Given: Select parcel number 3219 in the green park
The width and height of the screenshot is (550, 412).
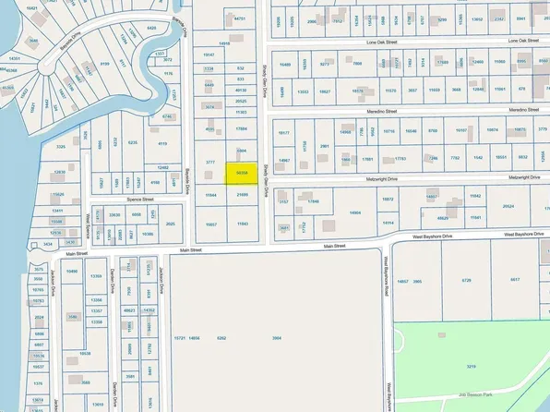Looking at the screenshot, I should [471, 367].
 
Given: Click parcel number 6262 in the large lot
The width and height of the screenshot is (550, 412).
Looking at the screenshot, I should [221, 338].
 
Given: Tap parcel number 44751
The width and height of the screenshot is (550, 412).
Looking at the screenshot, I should [241, 18].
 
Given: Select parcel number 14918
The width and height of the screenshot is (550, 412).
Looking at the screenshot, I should [223, 43].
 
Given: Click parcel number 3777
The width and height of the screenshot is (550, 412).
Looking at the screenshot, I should [210, 163].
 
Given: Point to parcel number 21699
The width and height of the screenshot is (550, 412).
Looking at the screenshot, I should [242, 196].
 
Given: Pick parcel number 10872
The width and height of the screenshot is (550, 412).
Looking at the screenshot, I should [389, 199].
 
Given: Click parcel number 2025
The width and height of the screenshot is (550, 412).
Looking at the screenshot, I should [170, 224].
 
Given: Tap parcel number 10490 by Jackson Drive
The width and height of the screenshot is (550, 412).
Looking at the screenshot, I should [73, 272].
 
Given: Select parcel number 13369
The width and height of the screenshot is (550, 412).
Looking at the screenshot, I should [97, 276].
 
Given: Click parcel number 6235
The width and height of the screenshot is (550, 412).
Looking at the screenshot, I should [133, 143].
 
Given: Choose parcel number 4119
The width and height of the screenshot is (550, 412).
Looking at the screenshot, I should [162, 143].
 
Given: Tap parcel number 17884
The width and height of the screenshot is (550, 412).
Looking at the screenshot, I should [242, 128].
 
